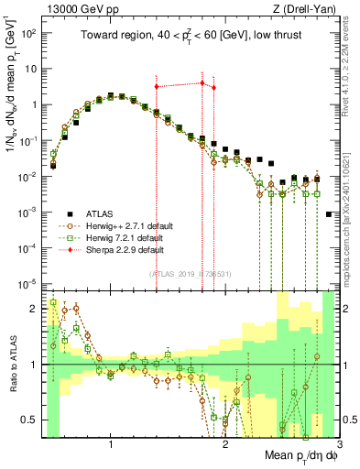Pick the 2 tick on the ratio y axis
point(38,309)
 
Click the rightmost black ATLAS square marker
point(329,214)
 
